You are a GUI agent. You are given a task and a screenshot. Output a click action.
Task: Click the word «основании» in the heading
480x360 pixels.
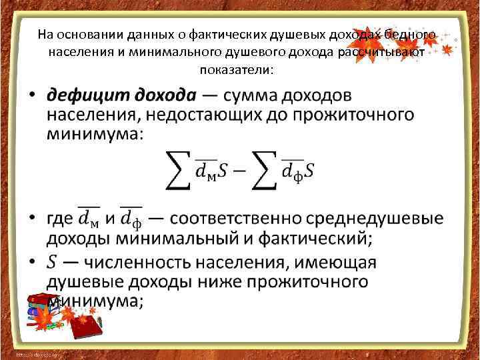pos(80,34)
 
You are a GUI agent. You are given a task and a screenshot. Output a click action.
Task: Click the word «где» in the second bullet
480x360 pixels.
pos(59,218)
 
